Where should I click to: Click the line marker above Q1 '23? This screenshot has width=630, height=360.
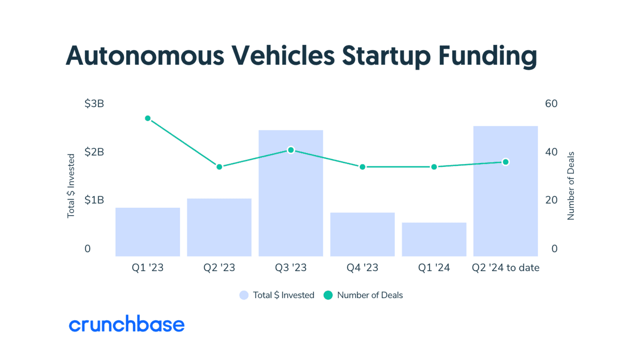tap(148, 119)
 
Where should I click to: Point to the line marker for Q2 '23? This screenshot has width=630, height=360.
tap(219, 167)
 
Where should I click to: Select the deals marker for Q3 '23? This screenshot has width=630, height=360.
tap(291, 150)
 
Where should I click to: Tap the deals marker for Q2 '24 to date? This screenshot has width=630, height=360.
tap(506, 162)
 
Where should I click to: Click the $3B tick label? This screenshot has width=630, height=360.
tap(94, 104)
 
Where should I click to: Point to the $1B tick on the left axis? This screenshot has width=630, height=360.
tap(94, 200)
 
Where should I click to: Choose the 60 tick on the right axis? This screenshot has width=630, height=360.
tap(551, 104)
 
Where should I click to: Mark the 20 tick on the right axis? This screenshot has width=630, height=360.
tap(551, 200)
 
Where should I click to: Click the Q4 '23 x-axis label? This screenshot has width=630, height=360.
tap(362, 268)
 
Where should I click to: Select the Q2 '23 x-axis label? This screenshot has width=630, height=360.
tap(219, 268)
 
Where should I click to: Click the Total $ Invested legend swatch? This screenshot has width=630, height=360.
tap(244, 295)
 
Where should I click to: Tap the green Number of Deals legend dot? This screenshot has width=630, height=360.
tap(328, 295)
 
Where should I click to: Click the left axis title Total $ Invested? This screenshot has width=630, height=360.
tap(71, 186)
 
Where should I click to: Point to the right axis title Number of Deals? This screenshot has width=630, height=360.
tap(571, 186)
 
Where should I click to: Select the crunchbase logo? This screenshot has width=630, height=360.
tap(127, 325)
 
